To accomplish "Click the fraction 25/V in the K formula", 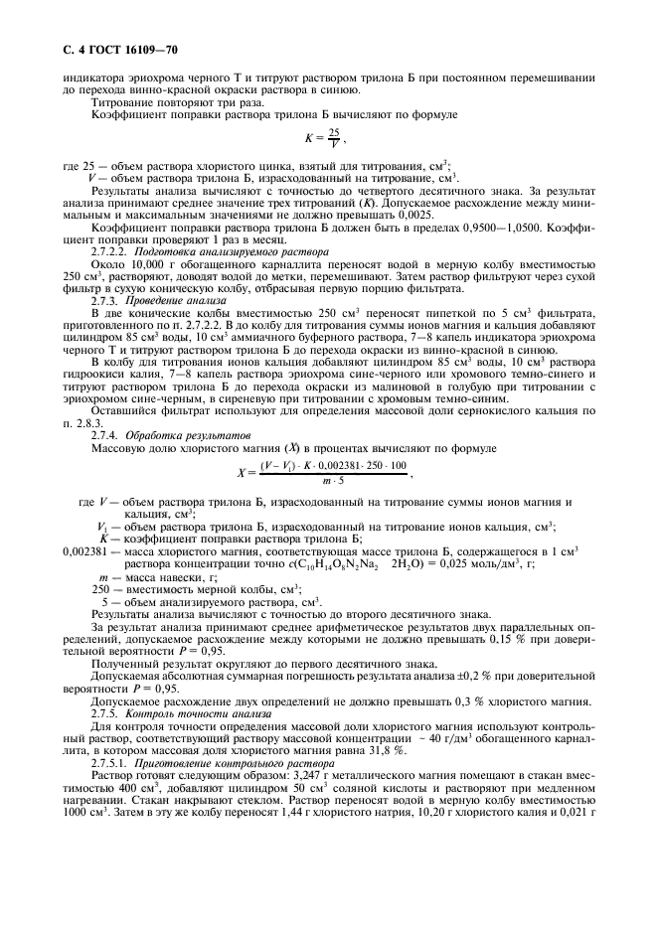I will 334,138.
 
